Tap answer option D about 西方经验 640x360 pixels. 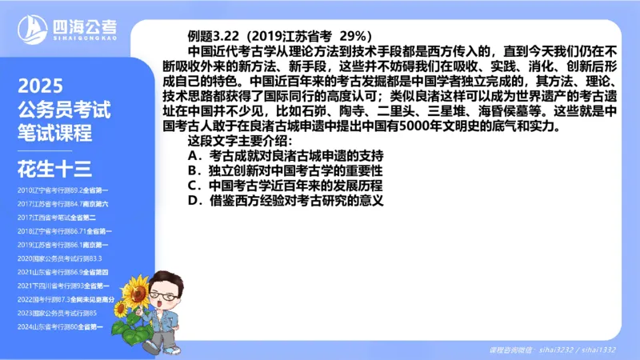point(286,201)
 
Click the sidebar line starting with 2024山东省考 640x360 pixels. point(64,326)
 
